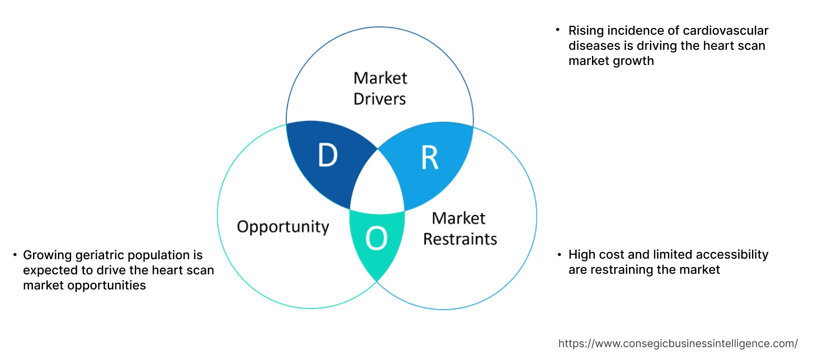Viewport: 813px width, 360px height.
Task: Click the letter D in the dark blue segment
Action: (x=327, y=156)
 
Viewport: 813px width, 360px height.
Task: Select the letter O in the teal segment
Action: (x=376, y=239)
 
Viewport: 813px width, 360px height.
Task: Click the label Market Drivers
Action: (x=380, y=88)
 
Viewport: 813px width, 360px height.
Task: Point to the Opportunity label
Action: (x=283, y=227)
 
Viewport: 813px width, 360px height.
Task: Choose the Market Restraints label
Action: (x=459, y=228)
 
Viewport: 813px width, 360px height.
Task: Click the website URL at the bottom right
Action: (x=678, y=343)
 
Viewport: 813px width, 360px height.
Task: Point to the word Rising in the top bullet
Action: (x=585, y=31)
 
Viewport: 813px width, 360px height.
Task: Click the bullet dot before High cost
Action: (x=559, y=255)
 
